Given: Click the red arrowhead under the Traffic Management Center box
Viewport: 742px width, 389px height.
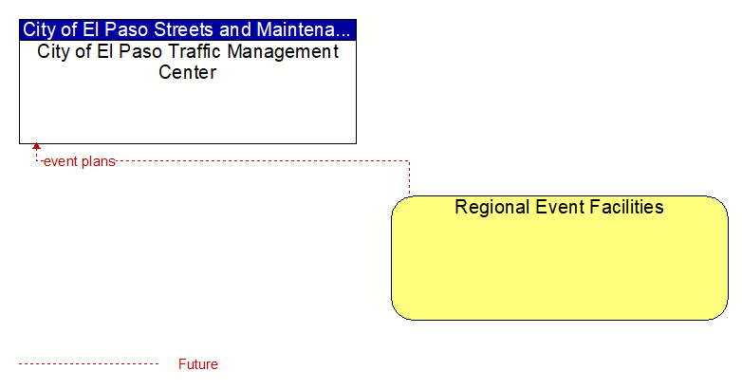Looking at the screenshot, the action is coord(36,146).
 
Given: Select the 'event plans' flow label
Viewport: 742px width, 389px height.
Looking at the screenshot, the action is coord(80,162).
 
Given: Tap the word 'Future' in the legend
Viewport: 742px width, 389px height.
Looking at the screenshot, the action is coord(197,364).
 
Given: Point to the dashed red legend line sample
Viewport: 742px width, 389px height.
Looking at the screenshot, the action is coord(88,364).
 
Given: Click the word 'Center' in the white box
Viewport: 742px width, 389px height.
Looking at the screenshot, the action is coord(187,72).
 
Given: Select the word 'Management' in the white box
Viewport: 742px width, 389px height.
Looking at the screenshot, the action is coord(283,52).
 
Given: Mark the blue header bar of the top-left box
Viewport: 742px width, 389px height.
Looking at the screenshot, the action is coord(188,29).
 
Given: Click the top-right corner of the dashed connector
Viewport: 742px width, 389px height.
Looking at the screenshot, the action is coord(409,161).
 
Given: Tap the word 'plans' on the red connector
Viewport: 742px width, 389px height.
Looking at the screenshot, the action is coord(98,162).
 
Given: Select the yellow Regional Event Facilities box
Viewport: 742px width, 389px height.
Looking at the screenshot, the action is coord(560,258).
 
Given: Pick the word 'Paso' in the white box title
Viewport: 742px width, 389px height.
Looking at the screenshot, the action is coord(140,51).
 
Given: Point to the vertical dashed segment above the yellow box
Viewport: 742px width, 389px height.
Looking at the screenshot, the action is coord(409,178).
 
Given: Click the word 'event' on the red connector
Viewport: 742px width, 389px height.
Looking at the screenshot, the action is coord(60,162).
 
